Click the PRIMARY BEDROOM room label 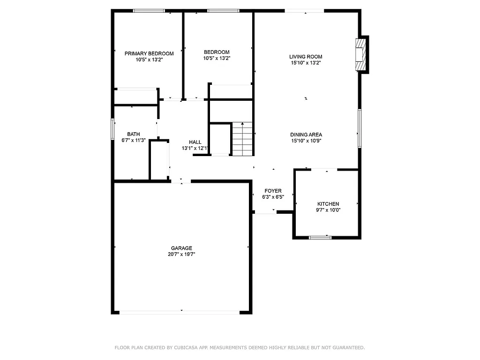tap(149, 53)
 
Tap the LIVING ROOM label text tap(306, 57)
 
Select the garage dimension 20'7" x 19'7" tap(181, 255)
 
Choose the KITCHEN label tap(328, 204)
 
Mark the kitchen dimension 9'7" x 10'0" tap(328, 210)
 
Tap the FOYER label tap(273, 191)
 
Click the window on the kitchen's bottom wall tap(320, 238)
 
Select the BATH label tap(134, 134)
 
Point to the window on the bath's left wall tap(112, 129)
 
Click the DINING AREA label tap(306, 135)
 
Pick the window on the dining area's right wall tap(360, 128)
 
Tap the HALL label tap(195, 142)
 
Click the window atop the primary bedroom tap(149, 10)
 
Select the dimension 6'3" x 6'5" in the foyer tap(273, 197)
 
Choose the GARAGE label tap(181, 248)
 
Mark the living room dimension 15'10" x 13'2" tap(306, 63)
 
